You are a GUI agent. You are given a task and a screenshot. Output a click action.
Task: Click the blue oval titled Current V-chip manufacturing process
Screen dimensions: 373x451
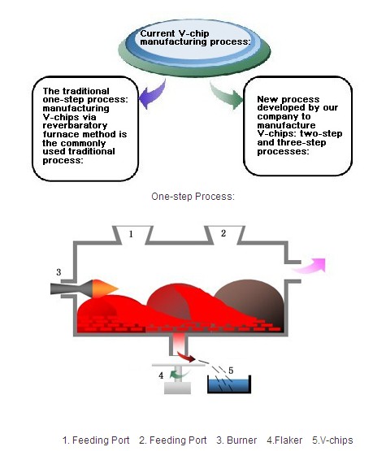[x=194, y=43]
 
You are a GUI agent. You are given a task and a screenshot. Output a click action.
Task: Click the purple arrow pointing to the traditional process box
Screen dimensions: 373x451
[x=153, y=94]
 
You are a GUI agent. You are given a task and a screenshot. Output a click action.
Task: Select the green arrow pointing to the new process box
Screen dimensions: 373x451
[x=228, y=97]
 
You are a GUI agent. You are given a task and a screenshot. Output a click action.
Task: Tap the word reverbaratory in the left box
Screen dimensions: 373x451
[x=75, y=126]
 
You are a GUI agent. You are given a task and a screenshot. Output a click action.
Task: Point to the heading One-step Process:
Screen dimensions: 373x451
[x=193, y=197]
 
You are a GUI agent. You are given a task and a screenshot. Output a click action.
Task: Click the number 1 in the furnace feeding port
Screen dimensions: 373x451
[x=131, y=234]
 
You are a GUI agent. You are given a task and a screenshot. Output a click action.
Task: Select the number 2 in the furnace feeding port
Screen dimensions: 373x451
[x=223, y=233]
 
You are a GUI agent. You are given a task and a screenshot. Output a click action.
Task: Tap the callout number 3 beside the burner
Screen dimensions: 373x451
[x=59, y=272]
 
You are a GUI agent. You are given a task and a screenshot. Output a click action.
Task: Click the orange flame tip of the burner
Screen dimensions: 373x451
[x=105, y=288]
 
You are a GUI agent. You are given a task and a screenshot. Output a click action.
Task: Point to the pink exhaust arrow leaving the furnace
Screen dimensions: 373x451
[x=309, y=266]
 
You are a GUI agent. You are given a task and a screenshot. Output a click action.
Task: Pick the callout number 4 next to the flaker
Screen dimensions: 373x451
[x=161, y=375]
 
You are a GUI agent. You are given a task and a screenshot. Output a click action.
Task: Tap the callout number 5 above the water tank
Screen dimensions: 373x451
[x=231, y=371]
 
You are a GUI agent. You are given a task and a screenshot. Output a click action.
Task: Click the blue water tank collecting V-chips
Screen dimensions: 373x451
[x=229, y=384]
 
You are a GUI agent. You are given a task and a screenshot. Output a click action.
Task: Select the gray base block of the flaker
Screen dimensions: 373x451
[x=177, y=388]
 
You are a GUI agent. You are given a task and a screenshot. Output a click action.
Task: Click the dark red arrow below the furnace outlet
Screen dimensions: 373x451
[x=186, y=357]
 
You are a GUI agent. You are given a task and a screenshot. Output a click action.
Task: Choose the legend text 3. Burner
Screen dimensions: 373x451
[x=236, y=440]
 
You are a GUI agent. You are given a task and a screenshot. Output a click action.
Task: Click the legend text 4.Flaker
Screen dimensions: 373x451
[x=284, y=440]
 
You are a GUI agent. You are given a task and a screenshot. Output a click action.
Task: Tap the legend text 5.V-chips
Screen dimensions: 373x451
[x=332, y=440]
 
